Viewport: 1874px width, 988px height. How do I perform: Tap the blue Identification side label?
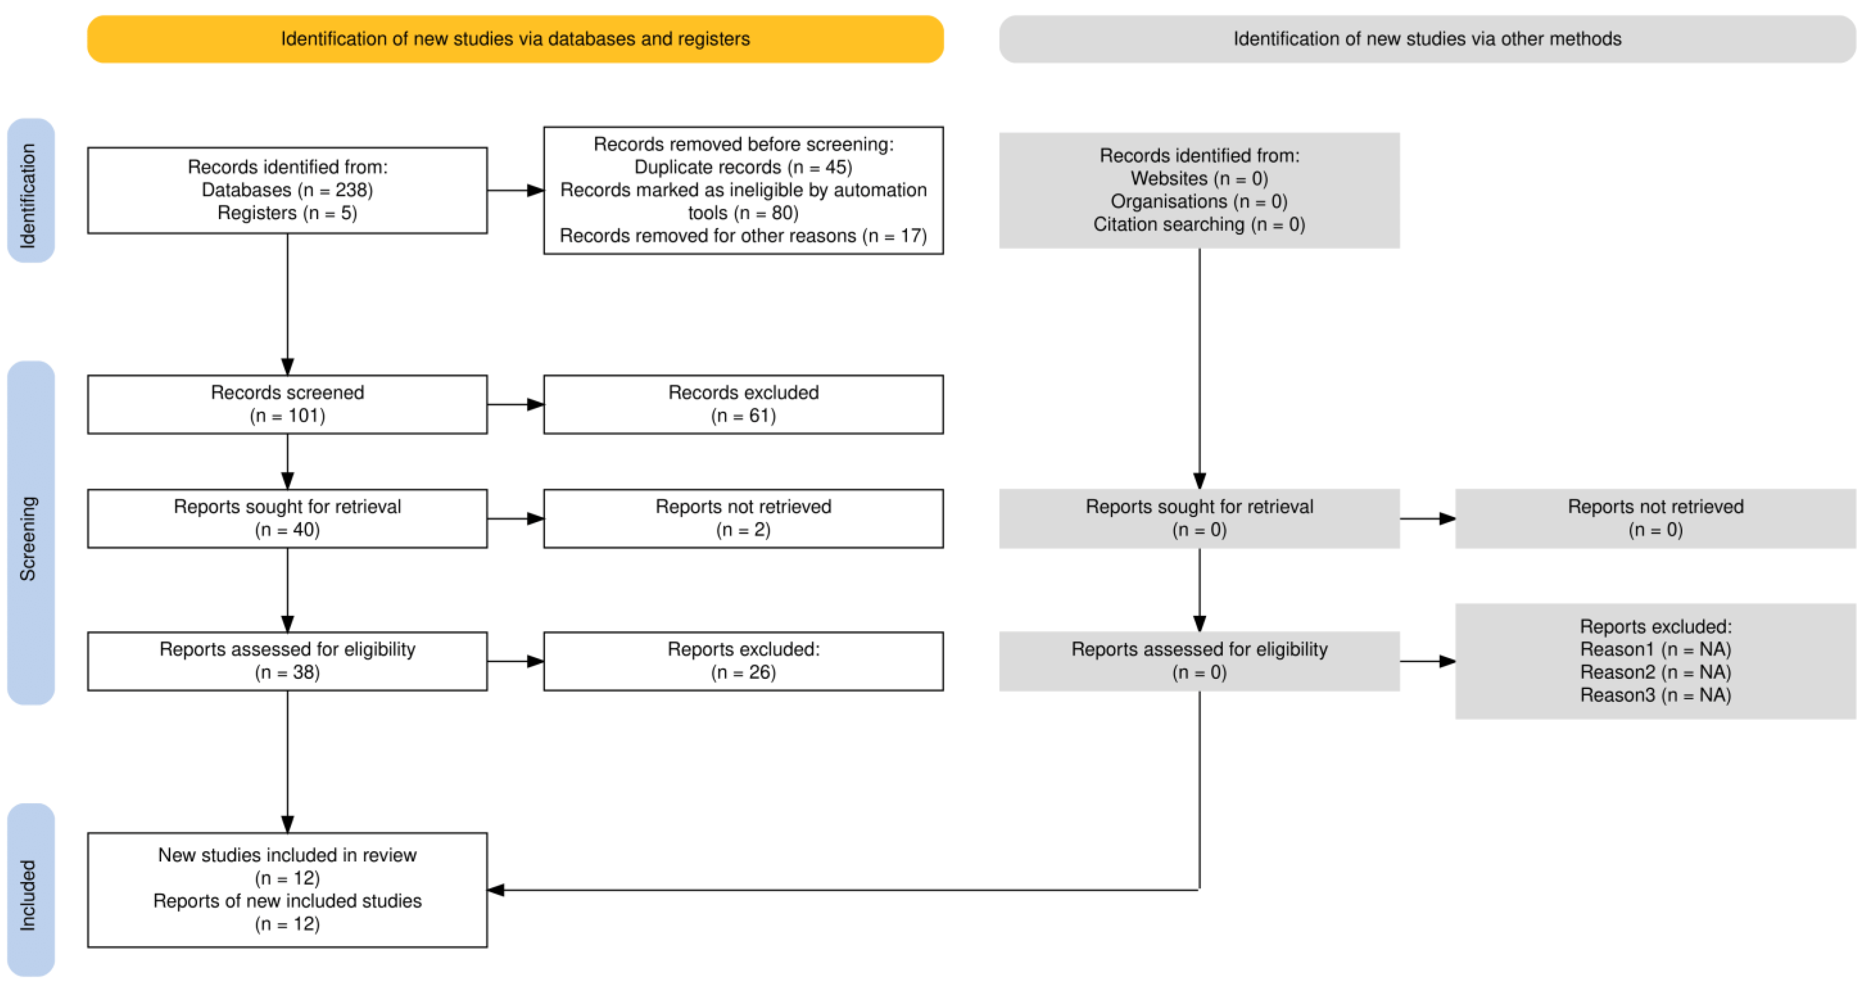click(x=30, y=191)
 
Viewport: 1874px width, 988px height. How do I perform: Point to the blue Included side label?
click(x=30, y=890)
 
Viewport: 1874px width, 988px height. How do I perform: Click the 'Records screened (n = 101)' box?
click(x=287, y=405)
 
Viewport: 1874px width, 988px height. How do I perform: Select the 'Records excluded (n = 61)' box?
click(x=744, y=405)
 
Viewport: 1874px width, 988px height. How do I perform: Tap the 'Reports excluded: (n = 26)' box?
click(x=744, y=661)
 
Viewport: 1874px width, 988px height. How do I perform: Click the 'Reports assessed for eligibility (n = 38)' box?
click(x=287, y=661)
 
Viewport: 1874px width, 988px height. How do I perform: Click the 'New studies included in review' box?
click(x=287, y=890)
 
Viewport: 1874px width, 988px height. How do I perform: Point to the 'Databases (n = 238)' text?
click(x=287, y=190)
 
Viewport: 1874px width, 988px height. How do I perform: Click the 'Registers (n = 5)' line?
click(x=287, y=213)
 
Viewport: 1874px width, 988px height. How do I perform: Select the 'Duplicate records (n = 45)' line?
click(x=744, y=167)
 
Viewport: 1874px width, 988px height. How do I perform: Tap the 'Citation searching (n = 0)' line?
click(x=1199, y=225)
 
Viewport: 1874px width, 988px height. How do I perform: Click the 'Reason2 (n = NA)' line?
click(x=1656, y=672)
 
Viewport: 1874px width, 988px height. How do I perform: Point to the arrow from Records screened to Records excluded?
click(x=516, y=405)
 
